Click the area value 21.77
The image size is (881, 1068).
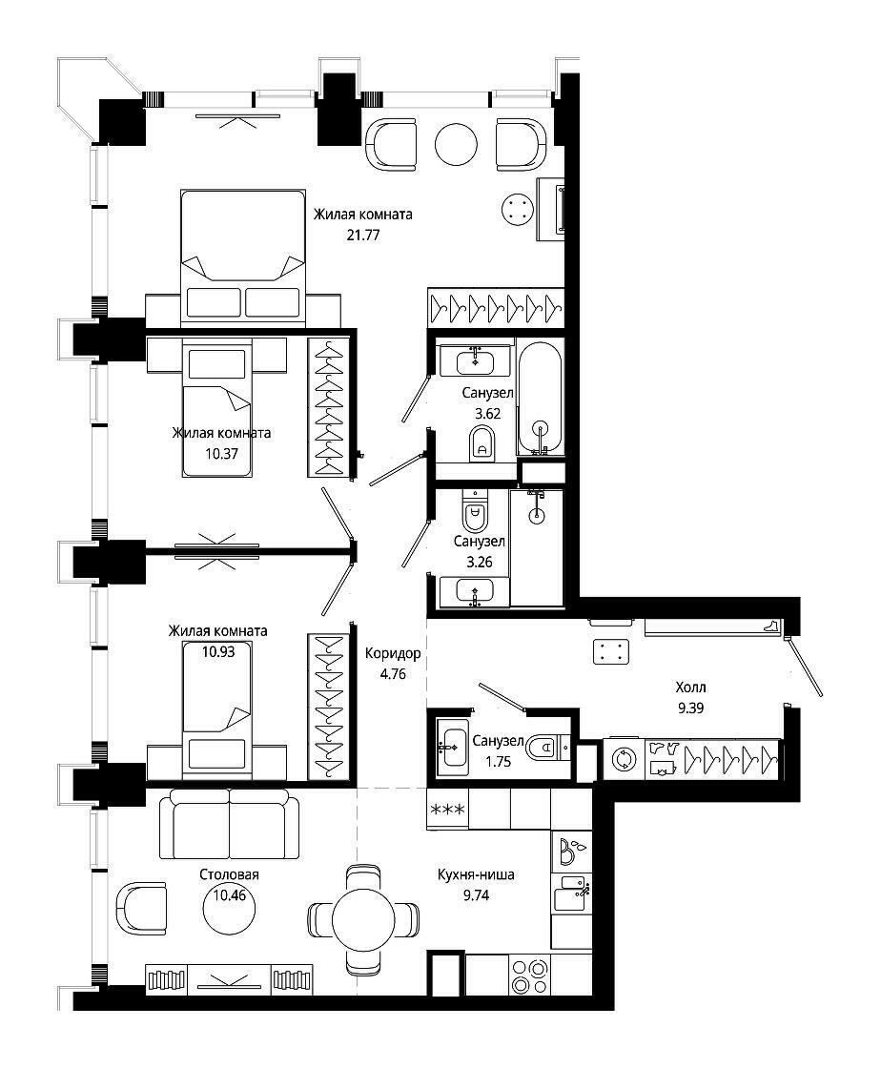pos(363,235)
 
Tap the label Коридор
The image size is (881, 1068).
pos(393,654)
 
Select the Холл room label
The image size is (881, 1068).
pos(690,688)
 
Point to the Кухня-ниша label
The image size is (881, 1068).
pos(476,874)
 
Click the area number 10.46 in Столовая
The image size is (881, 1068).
pos(230,895)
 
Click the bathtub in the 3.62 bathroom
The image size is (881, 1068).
pos(540,399)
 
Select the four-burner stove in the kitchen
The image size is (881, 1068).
pos(529,976)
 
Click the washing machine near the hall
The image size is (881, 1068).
pos(624,759)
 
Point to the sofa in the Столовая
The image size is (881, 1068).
pos(230,824)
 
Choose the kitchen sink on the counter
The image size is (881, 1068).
pos(570,893)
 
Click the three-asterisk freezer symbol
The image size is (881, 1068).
pos(448,810)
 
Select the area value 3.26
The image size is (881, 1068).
pos(480,563)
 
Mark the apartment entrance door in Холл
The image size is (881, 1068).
pos(804,667)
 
